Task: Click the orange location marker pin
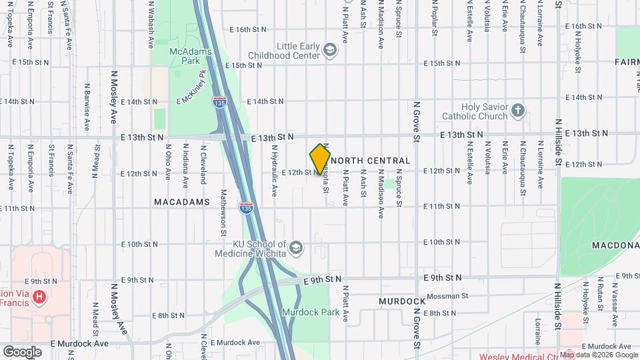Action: point(321,159)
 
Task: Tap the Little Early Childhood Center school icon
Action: point(329,50)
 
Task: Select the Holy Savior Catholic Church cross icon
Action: point(518,110)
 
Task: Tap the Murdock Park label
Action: point(310,312)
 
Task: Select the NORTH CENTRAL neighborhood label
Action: point(370,161)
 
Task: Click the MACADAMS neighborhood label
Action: point(182,201)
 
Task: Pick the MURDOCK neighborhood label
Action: point(402,301)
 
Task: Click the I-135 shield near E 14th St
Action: point(219,103)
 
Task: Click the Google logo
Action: point(22,351)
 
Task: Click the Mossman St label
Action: point(448,295)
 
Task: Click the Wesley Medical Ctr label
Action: point(517,356)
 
